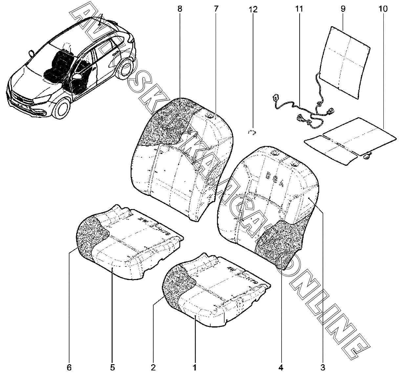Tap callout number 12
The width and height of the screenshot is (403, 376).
click(x=253, y=9)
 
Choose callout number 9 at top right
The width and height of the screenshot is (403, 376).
click(x=343, y=9)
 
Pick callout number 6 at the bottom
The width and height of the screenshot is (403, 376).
click(x=69, y=367)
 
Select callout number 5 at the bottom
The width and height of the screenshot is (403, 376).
click(x=112, y=367)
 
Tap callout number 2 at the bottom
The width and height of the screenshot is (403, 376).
click(x=153, y=367)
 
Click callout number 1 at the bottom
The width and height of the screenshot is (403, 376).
click(x=195, y=367)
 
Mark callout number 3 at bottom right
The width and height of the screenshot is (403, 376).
click(x=323, y=367)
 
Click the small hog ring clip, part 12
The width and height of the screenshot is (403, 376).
click(x=252, y=132)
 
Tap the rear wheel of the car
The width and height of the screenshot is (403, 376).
click(x=126, y=69)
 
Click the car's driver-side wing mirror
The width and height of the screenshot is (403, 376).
click(x=77, y=77)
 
